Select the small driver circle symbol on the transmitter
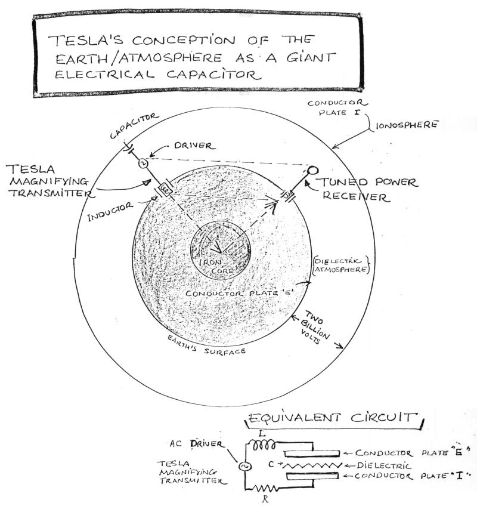(x=143, y=163)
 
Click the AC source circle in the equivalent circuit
(x=243, y=466)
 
